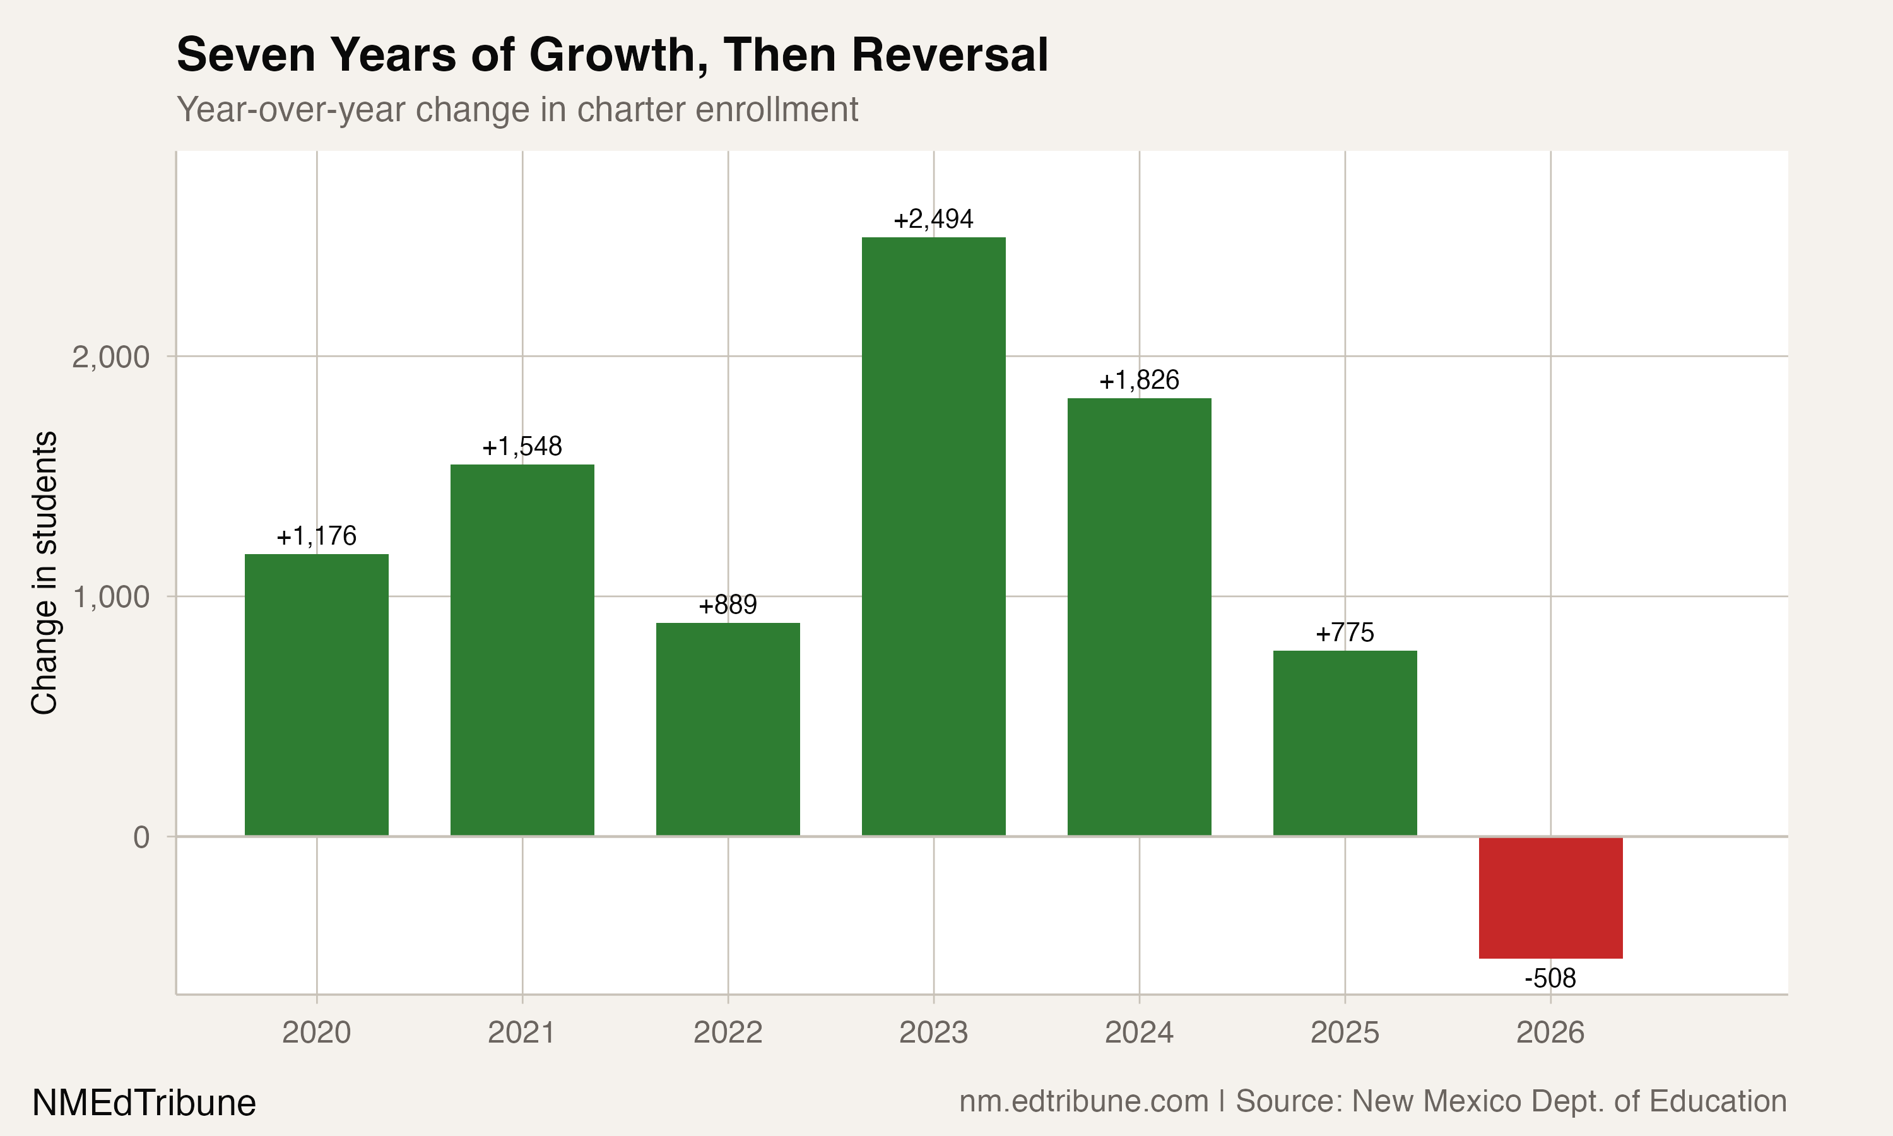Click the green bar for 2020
[x=316, y=694]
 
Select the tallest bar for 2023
[x=933, y=536]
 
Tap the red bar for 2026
[x=1550, y=897]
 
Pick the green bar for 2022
[x=728, y=729]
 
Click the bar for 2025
[x=1345, y=743]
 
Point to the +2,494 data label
[x=933, y=220]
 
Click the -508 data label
[x=1550, y=978]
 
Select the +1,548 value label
[x=522, y=446]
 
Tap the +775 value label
[x=1345, y=632]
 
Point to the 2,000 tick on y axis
[x=110, y=357]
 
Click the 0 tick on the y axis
[x=141, y=837]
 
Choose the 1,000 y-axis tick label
[x=110, y=597]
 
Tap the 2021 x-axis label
[x=522, y=1032]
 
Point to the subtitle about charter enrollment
[x=517, y=109]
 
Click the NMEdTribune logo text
[x=144, y=1103]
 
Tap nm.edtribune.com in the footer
[x=1083, y=1101]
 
